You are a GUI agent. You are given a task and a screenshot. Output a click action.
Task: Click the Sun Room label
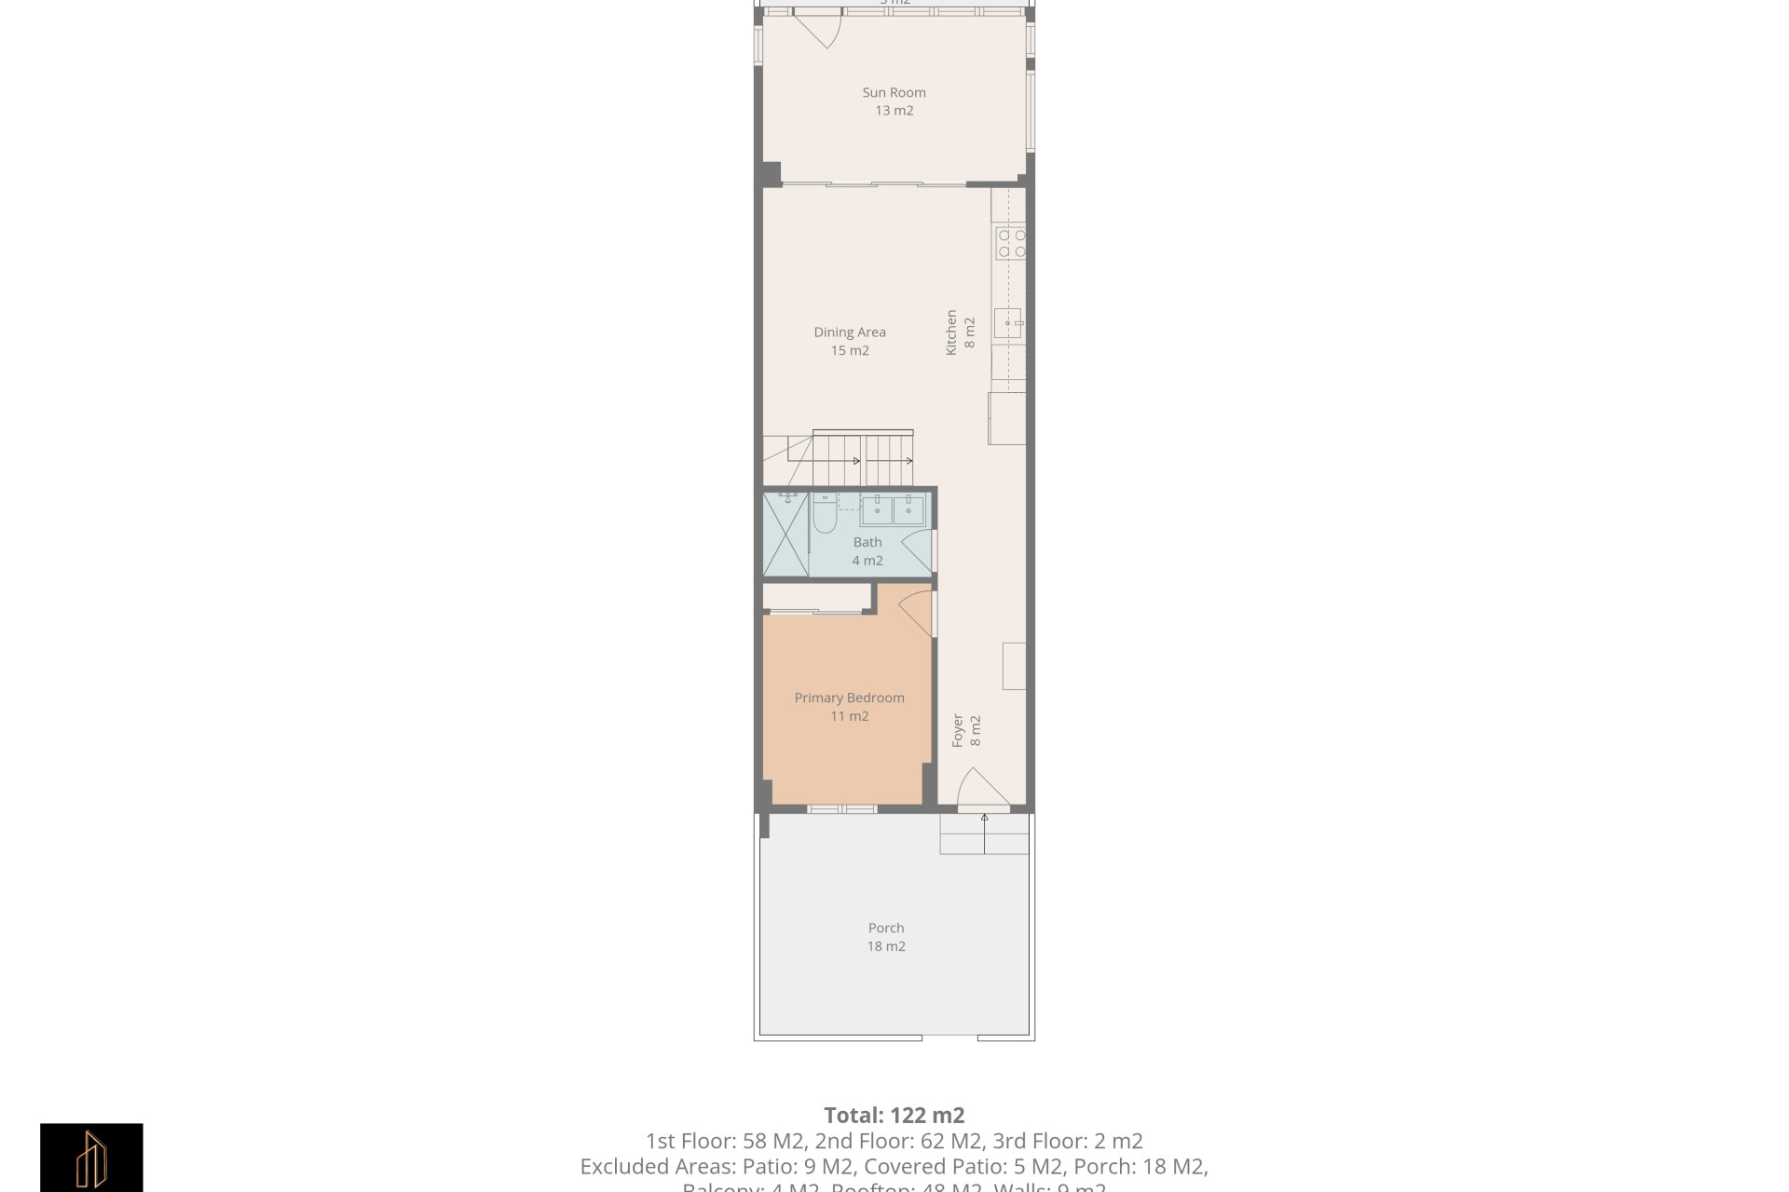tap(894, 92)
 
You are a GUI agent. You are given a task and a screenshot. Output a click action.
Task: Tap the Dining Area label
tap(850, 332)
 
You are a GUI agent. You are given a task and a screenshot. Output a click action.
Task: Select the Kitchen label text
tap(951, 332)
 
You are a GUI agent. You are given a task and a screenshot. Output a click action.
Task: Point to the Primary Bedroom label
tap(849, 698)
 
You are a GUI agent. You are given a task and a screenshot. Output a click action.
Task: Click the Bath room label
tap(867, 542)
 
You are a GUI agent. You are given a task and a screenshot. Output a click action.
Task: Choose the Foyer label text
tap(957, 731)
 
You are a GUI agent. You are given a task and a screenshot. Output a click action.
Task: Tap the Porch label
tap(886, 928)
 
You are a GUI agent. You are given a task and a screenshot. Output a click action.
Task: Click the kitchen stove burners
tap(1011, 243)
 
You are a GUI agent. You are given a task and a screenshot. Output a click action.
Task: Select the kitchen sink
tap(1008, 323)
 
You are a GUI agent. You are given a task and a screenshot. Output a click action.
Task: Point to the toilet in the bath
tap(825, 514)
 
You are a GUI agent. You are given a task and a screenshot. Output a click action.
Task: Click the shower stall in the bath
tap(785, 535)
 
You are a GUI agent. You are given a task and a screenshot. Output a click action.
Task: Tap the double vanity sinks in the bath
tap(892, 510)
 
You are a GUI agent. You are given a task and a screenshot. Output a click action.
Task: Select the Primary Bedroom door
tap(916, 611)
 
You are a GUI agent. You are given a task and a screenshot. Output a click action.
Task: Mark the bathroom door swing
tap(918, 549)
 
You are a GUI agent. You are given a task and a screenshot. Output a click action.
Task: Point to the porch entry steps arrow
tap(985, 833)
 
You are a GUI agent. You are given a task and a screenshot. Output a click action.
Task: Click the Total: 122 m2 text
tap(894, 1115)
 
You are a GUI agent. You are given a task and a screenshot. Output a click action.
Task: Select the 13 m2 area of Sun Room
tap(894, 111)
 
